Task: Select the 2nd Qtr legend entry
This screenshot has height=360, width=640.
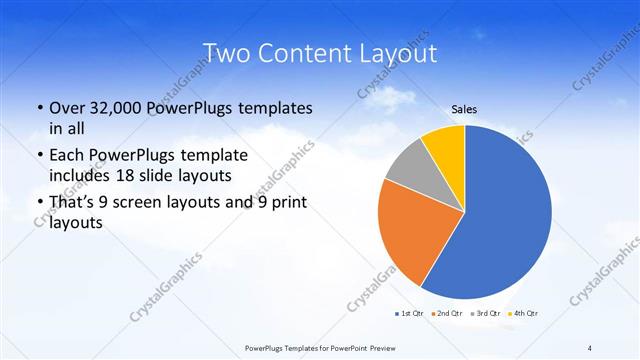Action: [447, 314]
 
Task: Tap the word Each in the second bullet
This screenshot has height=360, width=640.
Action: [67, 156]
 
